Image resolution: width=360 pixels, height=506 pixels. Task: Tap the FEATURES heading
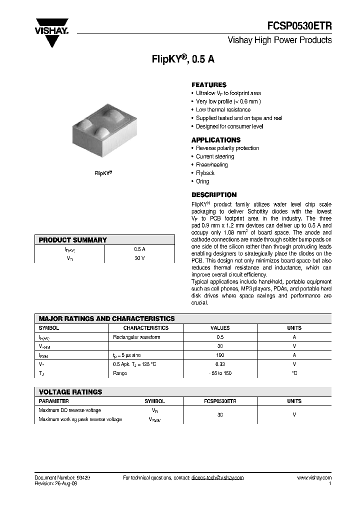pos(209,85)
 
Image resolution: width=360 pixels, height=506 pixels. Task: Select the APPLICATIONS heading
pos(216,140)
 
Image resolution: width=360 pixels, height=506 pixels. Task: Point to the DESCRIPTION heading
pos(214,195)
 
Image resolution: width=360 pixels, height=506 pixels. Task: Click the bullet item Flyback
pos(205,173)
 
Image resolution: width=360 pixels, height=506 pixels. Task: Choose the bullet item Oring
pos(202,181)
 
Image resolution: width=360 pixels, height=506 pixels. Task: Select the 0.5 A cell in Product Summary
pos(139,249)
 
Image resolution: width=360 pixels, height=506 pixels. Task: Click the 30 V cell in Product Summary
pos(139,258)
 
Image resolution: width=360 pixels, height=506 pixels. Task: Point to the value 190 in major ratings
pos(220,355)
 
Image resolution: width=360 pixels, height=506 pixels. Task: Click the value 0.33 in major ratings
pos(220,364)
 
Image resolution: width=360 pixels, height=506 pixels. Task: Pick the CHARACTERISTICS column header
pos(146,328)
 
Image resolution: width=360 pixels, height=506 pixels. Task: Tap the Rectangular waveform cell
pos(137,337)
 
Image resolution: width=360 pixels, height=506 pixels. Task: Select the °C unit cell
pos(294,373)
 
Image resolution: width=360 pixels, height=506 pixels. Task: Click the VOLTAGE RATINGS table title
pos(70,392)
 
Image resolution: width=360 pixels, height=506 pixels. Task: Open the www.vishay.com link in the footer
pos(314,478)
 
